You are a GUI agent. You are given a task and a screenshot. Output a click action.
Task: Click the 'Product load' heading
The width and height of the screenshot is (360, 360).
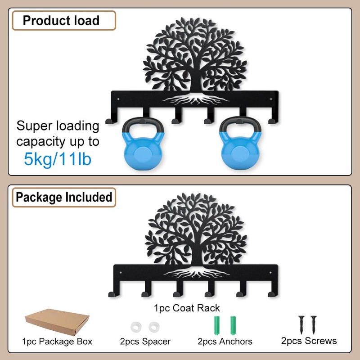click(61, 21)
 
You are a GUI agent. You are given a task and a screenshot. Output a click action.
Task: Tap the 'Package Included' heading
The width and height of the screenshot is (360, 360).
click(63, 197)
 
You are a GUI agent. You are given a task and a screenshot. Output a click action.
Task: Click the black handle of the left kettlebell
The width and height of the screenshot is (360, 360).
click(139, 125)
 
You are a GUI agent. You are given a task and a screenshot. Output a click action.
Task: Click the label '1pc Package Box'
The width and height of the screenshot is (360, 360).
click(57, 342)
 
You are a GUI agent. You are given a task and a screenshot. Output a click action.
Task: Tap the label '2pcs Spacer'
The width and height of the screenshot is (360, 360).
click(145, 342)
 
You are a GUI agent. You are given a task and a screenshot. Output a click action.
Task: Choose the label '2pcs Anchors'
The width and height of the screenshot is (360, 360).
click(225, 342)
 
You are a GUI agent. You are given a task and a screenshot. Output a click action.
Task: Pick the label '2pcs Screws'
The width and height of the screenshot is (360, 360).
click(309, 341)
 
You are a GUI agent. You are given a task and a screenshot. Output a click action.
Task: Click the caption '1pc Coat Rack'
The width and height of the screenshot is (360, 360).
click(187, 308)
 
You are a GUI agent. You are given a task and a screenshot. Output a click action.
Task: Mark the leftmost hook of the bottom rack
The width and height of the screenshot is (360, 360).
click(111, 293)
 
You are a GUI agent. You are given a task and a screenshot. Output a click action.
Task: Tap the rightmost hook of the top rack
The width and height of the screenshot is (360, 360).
click(271, 120)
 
